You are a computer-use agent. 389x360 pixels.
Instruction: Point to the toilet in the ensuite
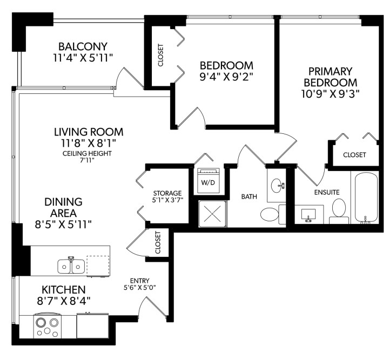pyautogui.click(x=339, y=210)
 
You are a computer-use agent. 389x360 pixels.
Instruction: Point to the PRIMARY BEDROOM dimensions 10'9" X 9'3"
pyautogui.click(x=331, y=93)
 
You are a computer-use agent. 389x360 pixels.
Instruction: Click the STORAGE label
pyautogui.click(x=167, y=193)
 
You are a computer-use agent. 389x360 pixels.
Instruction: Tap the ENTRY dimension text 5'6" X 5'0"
pyautogui.click(x=143, y=288)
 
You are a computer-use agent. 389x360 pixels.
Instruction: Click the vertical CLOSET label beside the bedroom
pyautogui.click(x=160, y=55)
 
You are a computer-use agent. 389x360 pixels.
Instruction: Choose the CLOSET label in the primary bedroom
pyautogui.click(x=354, y=155)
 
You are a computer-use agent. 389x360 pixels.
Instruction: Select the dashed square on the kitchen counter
pyautogui.click(x=98, y=266)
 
